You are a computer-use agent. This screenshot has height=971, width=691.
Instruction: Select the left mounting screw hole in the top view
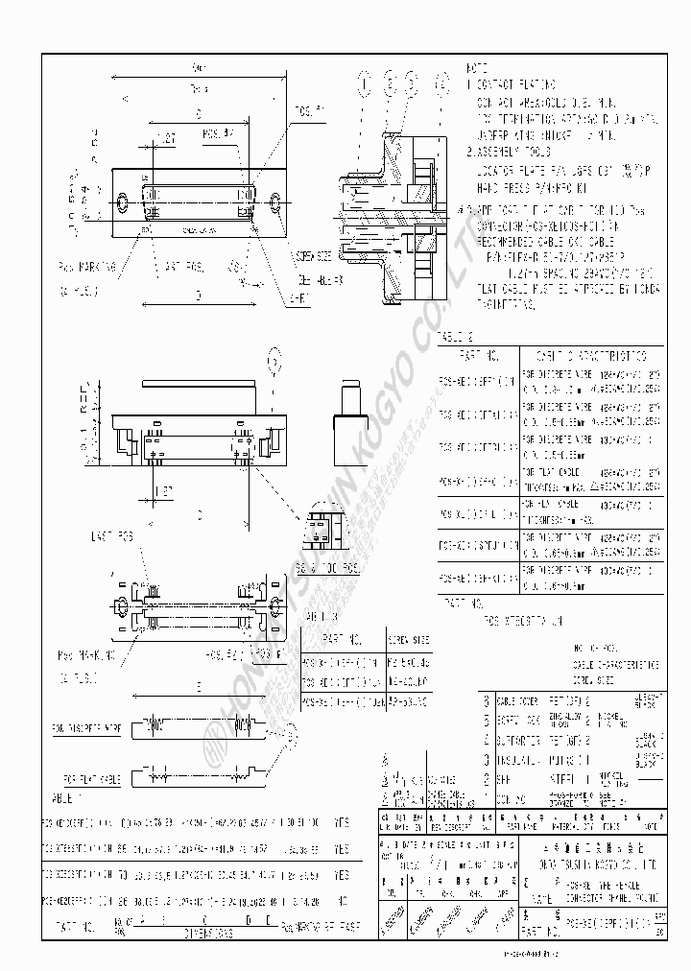click(122, 203)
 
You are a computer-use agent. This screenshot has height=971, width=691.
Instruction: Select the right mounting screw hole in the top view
click(276, 202)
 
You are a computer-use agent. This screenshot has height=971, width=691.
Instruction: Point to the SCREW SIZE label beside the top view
click(313, 256)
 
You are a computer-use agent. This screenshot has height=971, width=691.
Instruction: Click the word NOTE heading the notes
click(477, 70)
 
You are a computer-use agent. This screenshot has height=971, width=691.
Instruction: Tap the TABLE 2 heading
click(457, 337)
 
